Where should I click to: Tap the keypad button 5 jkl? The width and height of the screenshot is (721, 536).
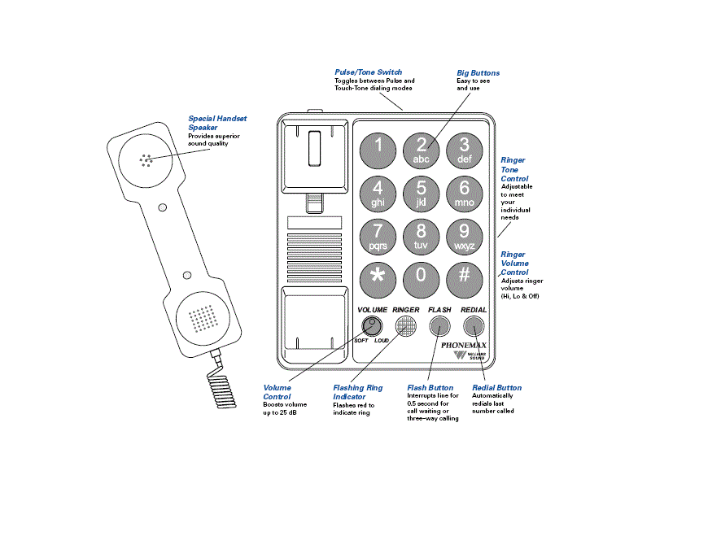click(x=421, y=194)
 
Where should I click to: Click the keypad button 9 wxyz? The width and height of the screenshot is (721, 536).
click(x=464, y=236)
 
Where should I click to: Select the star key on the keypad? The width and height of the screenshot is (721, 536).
click(x=378, y=277)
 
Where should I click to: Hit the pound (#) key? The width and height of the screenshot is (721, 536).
click(x=464, y=277)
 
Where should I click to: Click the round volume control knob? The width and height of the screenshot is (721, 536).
click(x=372, y=327)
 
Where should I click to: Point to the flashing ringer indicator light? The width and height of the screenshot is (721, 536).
click(x=406, y=327)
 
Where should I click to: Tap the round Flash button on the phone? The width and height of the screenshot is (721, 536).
click(x=440, y=327)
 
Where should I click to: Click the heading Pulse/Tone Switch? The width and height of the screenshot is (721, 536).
click(x=368, y=72)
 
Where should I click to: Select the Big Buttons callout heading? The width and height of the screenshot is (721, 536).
click(x=478, y=73)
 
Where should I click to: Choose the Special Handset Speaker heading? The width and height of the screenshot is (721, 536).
click(x=217, y=123)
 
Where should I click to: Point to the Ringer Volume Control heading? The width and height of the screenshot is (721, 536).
click(x=514, y=264)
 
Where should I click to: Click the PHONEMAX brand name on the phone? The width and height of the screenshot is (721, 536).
click(x=464, y=346)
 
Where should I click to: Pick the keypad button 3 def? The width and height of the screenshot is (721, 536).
click(x=464, y=150)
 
